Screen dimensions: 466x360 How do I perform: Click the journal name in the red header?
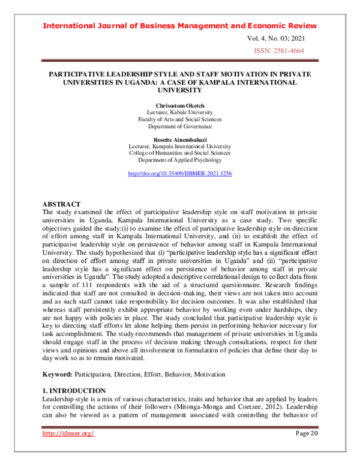point(180,26)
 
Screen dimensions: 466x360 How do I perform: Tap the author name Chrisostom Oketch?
point(180,105)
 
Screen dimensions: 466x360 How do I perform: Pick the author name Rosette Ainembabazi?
point(180,139)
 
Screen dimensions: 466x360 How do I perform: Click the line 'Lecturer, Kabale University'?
point(180,112)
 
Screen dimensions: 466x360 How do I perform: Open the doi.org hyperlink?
point(180,174)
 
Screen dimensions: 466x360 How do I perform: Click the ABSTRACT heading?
point(62,205)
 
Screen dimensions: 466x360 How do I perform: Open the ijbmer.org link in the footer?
point(67,434)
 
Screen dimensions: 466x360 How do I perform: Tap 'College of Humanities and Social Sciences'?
point(180,153)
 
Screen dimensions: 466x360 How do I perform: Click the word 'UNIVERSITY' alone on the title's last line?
point(180,90)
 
